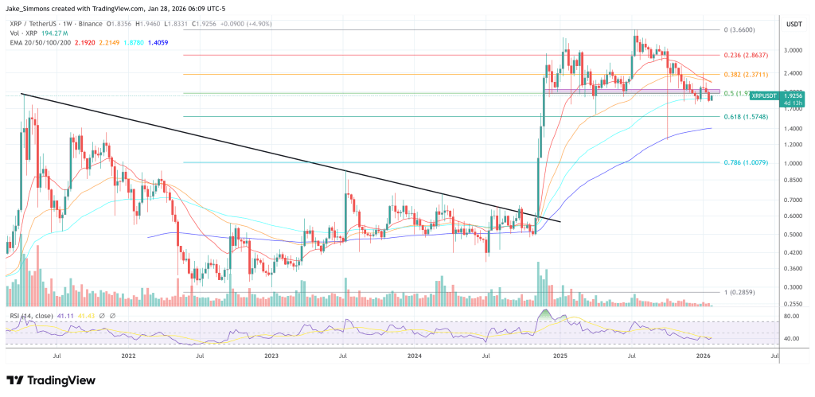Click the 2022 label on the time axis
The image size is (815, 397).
coord(128,357)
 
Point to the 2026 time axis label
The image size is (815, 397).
coord(703,357)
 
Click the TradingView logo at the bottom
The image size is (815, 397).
coord(50,379)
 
